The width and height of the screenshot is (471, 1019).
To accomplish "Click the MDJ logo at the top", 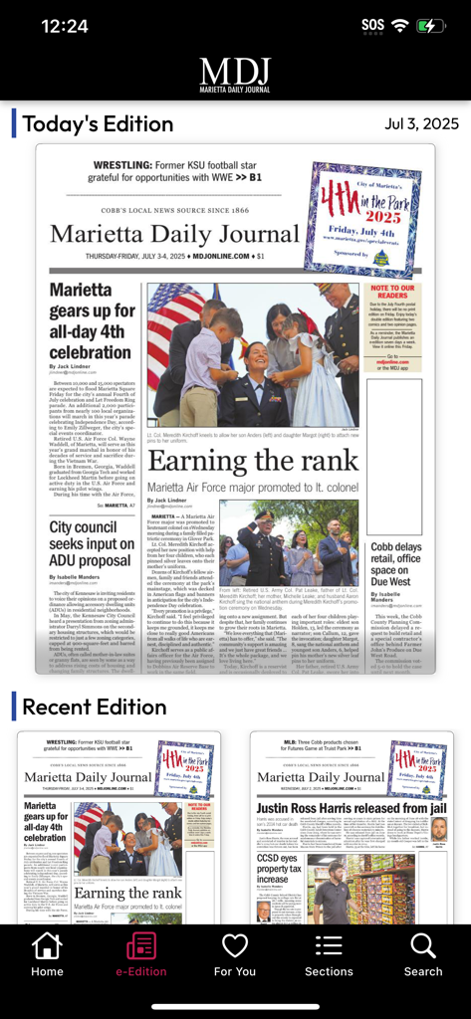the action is (235, 73).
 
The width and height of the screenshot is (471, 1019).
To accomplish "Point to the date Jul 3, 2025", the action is (421, 123).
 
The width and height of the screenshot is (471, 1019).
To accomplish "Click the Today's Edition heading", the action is (98, 123).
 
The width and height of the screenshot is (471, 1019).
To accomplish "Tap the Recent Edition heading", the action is (94, 707).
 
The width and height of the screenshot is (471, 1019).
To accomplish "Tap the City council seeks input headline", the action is (92, 544).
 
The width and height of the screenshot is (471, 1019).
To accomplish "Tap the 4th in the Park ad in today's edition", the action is (362, 219).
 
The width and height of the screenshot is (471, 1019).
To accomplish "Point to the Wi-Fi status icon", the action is (400, 26).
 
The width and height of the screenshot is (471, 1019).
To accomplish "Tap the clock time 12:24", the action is (65, 26).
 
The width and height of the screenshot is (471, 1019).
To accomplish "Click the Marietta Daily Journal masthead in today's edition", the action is (174, 233).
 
